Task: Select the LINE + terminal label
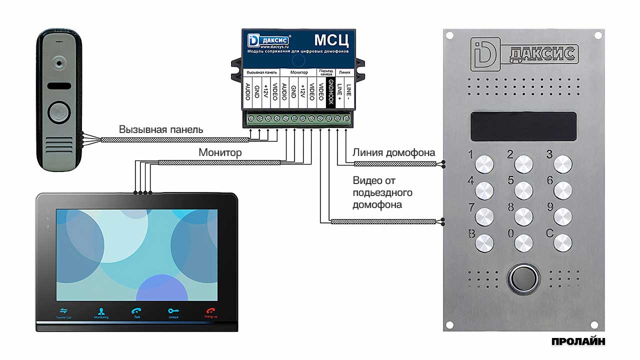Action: tap(339, 92)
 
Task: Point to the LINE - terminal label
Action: tap(348, 92)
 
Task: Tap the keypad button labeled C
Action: tap(563, 243)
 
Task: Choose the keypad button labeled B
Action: tap(484, 243)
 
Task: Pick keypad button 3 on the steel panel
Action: tap(563, 164)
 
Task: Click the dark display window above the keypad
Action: tap(523, 126)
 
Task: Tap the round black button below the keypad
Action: tap(523, 278)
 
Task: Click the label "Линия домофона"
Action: tap(394, 152)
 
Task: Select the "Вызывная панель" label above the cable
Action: tap(161, 129)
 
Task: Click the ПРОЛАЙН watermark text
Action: tap(578, 342)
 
